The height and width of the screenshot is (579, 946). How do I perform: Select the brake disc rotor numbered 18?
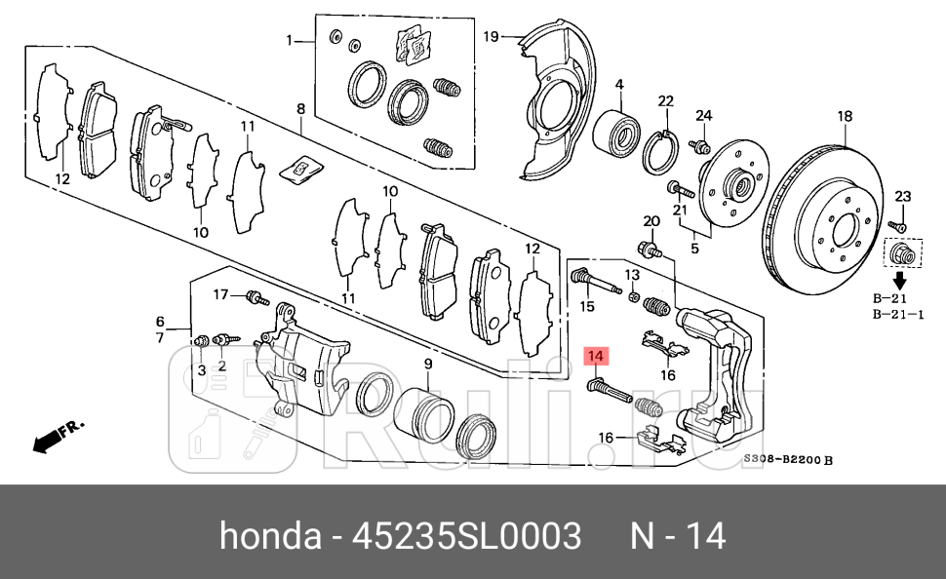[x=829, y=229]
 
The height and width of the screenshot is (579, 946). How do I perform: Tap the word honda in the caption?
[x=270, y=536]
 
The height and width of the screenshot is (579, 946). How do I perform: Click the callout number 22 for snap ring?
[x=666, y=101]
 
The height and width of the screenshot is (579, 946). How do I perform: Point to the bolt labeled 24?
[x=697, y=146]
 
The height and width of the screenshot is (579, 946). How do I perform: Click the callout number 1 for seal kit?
[x=289, y=40]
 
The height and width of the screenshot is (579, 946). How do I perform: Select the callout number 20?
[x=651, y=221]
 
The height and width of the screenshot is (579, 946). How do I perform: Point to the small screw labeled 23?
[x=899, y=226]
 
